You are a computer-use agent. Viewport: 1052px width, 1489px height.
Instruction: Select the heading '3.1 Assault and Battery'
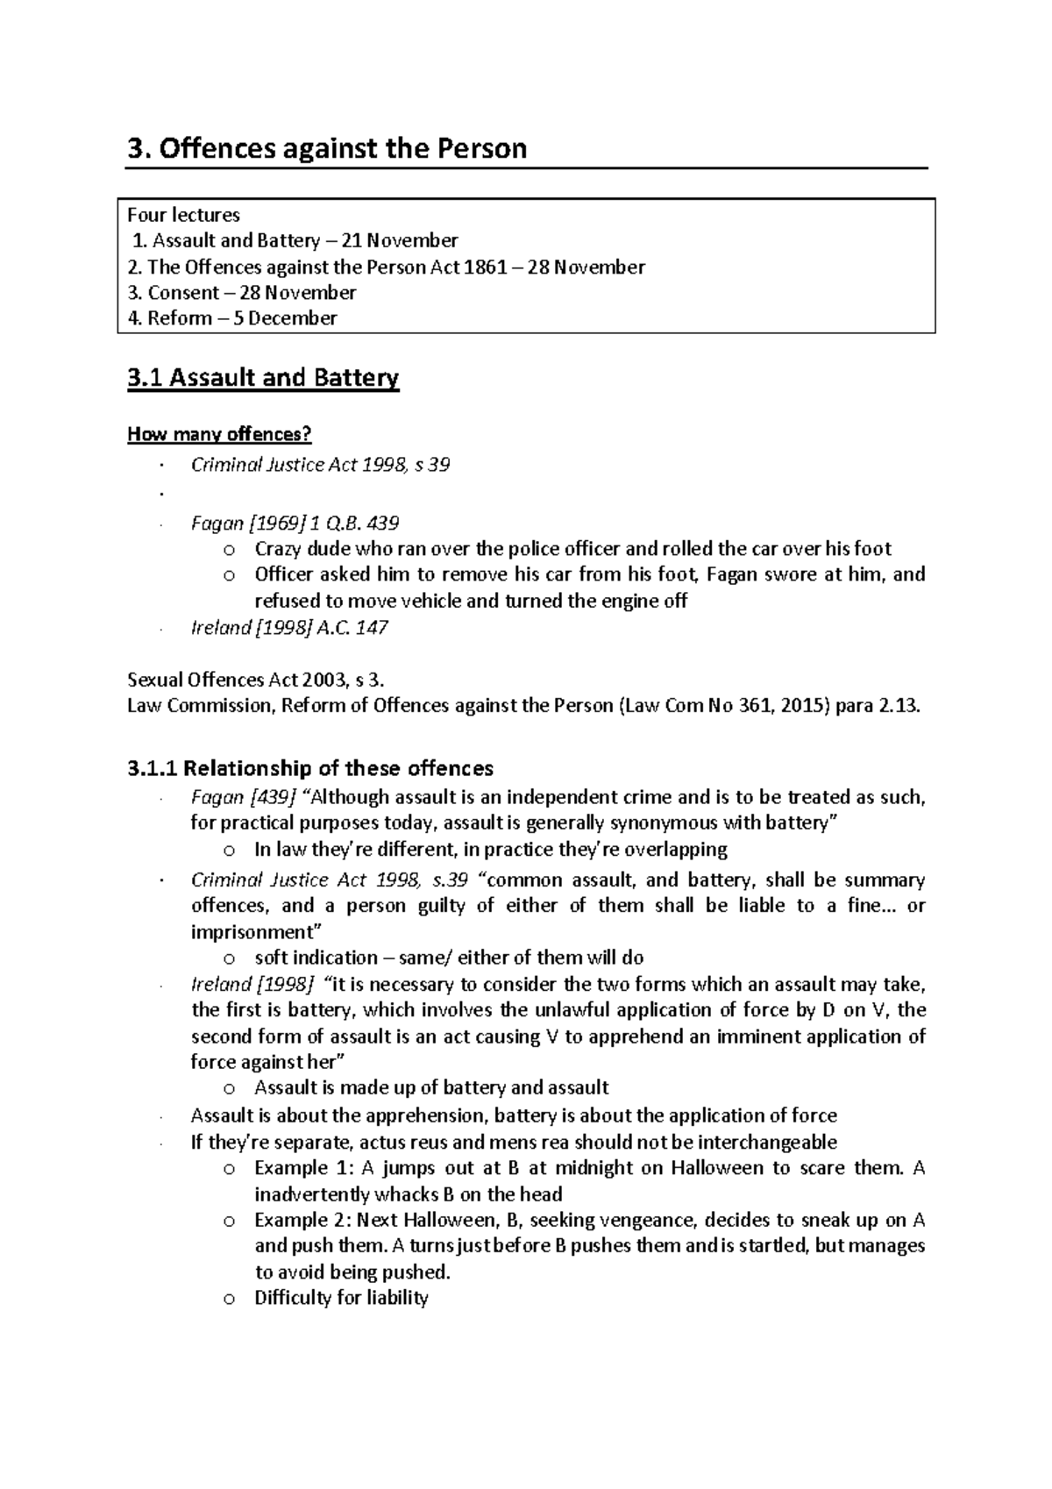pyautogui.click(x=263, y=378)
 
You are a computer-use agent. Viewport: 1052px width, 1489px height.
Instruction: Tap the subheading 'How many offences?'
pyautogui.click(x=219, y=434)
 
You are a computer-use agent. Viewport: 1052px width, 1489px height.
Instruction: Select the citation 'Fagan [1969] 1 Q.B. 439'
pyautogui.click(x=295, y=524)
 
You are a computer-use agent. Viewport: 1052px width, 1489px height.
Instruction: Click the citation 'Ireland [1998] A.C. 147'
pyautogui.click(x=289, y=628)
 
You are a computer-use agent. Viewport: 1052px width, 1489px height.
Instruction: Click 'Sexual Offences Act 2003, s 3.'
pyautogui.click(x=255, y=680)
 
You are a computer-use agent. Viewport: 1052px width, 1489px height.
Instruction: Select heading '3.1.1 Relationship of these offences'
pyautogui.click(x=310, y=768)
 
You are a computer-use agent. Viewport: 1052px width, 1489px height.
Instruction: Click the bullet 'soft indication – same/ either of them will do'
pyautogui.click(x=448, y=958)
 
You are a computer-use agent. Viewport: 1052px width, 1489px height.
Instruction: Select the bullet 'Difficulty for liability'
pyautogui.click(x=340, y=1298)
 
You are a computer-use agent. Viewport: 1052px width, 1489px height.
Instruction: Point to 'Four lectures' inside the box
pyautogui.click(x=183, y=215)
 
